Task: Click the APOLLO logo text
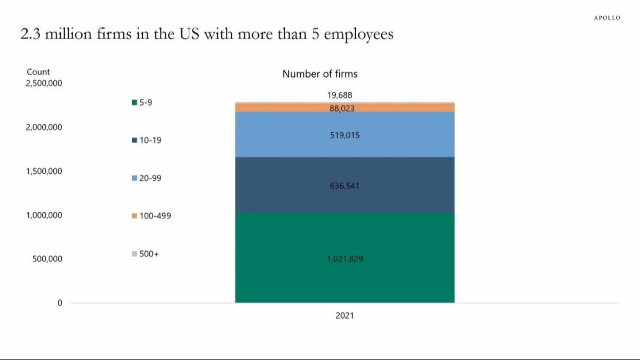click(607, 18)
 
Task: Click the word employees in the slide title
click(359, 35)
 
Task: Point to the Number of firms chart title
click(319, 74)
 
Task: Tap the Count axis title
click(38, 72)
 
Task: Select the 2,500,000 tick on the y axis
click(44, 84)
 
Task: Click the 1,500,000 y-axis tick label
click(44, 171)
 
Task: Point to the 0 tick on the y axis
click(60, 303)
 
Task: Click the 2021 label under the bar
click(345, 316)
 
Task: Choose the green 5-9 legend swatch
click(134, 103)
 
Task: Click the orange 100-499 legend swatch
click(134, 217)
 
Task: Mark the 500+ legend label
click(149, 254)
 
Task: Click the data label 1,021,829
click(345, 259)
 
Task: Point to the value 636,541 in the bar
click(345, 186)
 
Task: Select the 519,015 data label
click(345, 135)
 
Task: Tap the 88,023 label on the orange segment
click(342, 108)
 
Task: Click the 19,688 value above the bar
click(340, 95)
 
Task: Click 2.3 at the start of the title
click(29, 35)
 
